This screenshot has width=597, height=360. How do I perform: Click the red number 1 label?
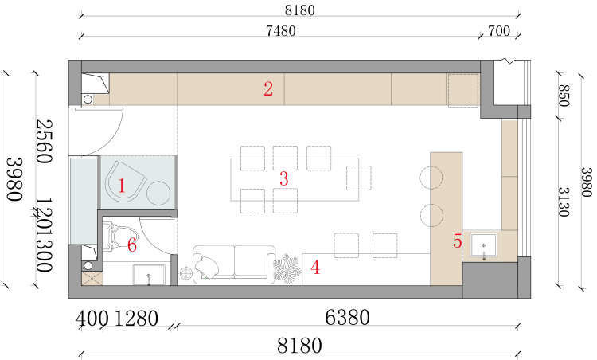tap(121, 186)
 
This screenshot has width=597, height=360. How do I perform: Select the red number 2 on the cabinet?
tap(268, 88)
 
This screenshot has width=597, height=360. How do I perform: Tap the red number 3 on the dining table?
tap(283, 178)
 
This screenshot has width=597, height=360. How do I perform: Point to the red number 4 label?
tap(315, 268)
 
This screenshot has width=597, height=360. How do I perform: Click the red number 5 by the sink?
tap(457, 241)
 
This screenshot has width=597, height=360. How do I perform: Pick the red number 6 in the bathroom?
tap(132, 245)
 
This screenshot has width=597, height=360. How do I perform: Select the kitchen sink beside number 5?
tap(483, 245)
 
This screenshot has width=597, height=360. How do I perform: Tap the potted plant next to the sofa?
tap(287, 268)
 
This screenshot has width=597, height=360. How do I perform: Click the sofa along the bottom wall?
tap(234, 264)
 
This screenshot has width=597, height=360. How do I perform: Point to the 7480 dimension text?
tap(281, 31)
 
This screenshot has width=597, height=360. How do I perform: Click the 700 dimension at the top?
tap(499, 30)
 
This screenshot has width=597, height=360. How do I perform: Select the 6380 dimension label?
tap(347, 317)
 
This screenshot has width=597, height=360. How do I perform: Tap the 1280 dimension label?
tap(136, 319)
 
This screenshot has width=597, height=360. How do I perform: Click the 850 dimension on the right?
tap(564, 96)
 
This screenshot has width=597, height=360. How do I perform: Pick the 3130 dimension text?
tap(564, 202)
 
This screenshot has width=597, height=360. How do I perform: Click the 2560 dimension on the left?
tap(44, 141)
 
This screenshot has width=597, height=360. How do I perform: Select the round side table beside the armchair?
tap(158, 194)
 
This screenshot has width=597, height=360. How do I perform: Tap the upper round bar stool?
tap(431, 178)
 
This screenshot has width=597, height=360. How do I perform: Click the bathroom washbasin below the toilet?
tap(149, 275)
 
